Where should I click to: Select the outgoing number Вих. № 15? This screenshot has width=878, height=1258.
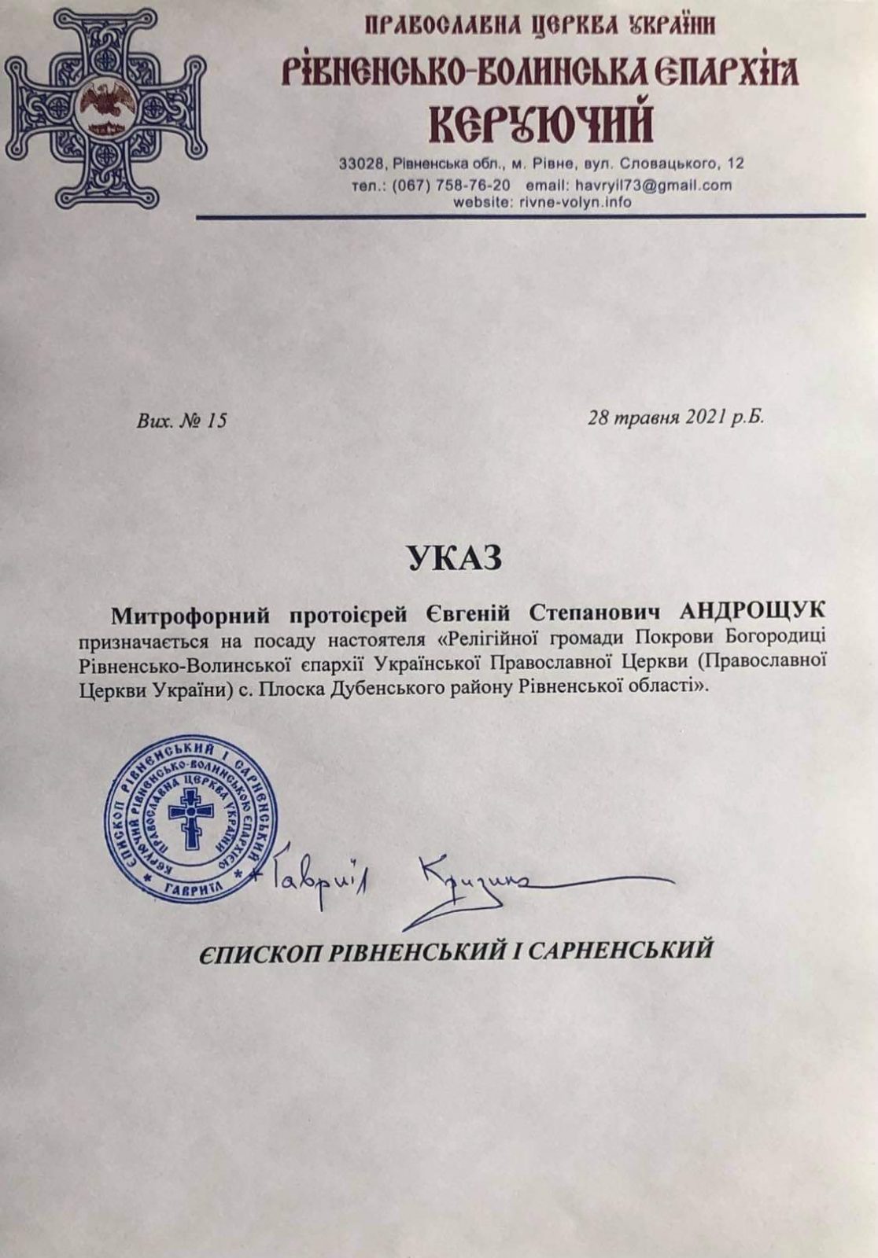pos(182,421)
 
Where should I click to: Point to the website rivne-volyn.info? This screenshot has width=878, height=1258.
pos(576,202)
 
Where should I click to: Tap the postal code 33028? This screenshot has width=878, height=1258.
pos(360,164)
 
